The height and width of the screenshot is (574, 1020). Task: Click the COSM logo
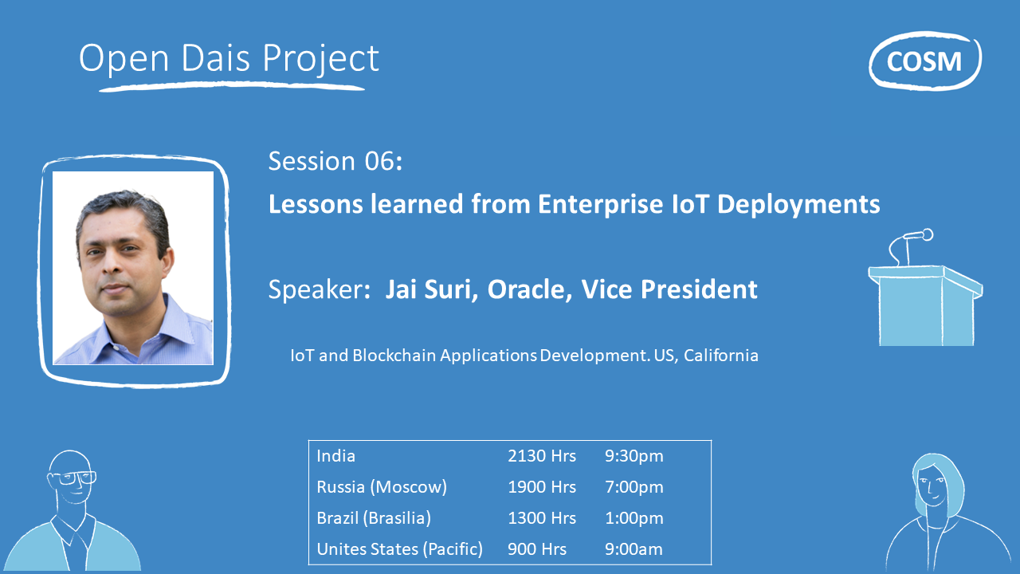pyautogui.click(x=924, y=61)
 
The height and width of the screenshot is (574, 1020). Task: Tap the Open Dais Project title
pyautogui.click(x=229, y=59)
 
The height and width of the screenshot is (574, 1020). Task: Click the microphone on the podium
pyautogui.click(x=916, y=236)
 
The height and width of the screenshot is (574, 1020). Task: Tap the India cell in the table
pyautogui.click(x=336, y=456)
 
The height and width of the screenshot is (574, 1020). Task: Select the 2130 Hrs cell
pyautogui.click(x=541, y=456)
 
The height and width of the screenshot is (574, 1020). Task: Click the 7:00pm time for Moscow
pyautogui.click(x=634, y=487)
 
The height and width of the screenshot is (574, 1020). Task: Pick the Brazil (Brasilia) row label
pyautogui.click(x=374, y=518)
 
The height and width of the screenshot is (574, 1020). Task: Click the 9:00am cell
pyautogui.click(x=634, y=549)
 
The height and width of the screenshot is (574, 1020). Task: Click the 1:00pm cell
pyautogui.click(x=634, y=518)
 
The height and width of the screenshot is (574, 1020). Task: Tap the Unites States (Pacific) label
pyautogui.click(x=399, y=549)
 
